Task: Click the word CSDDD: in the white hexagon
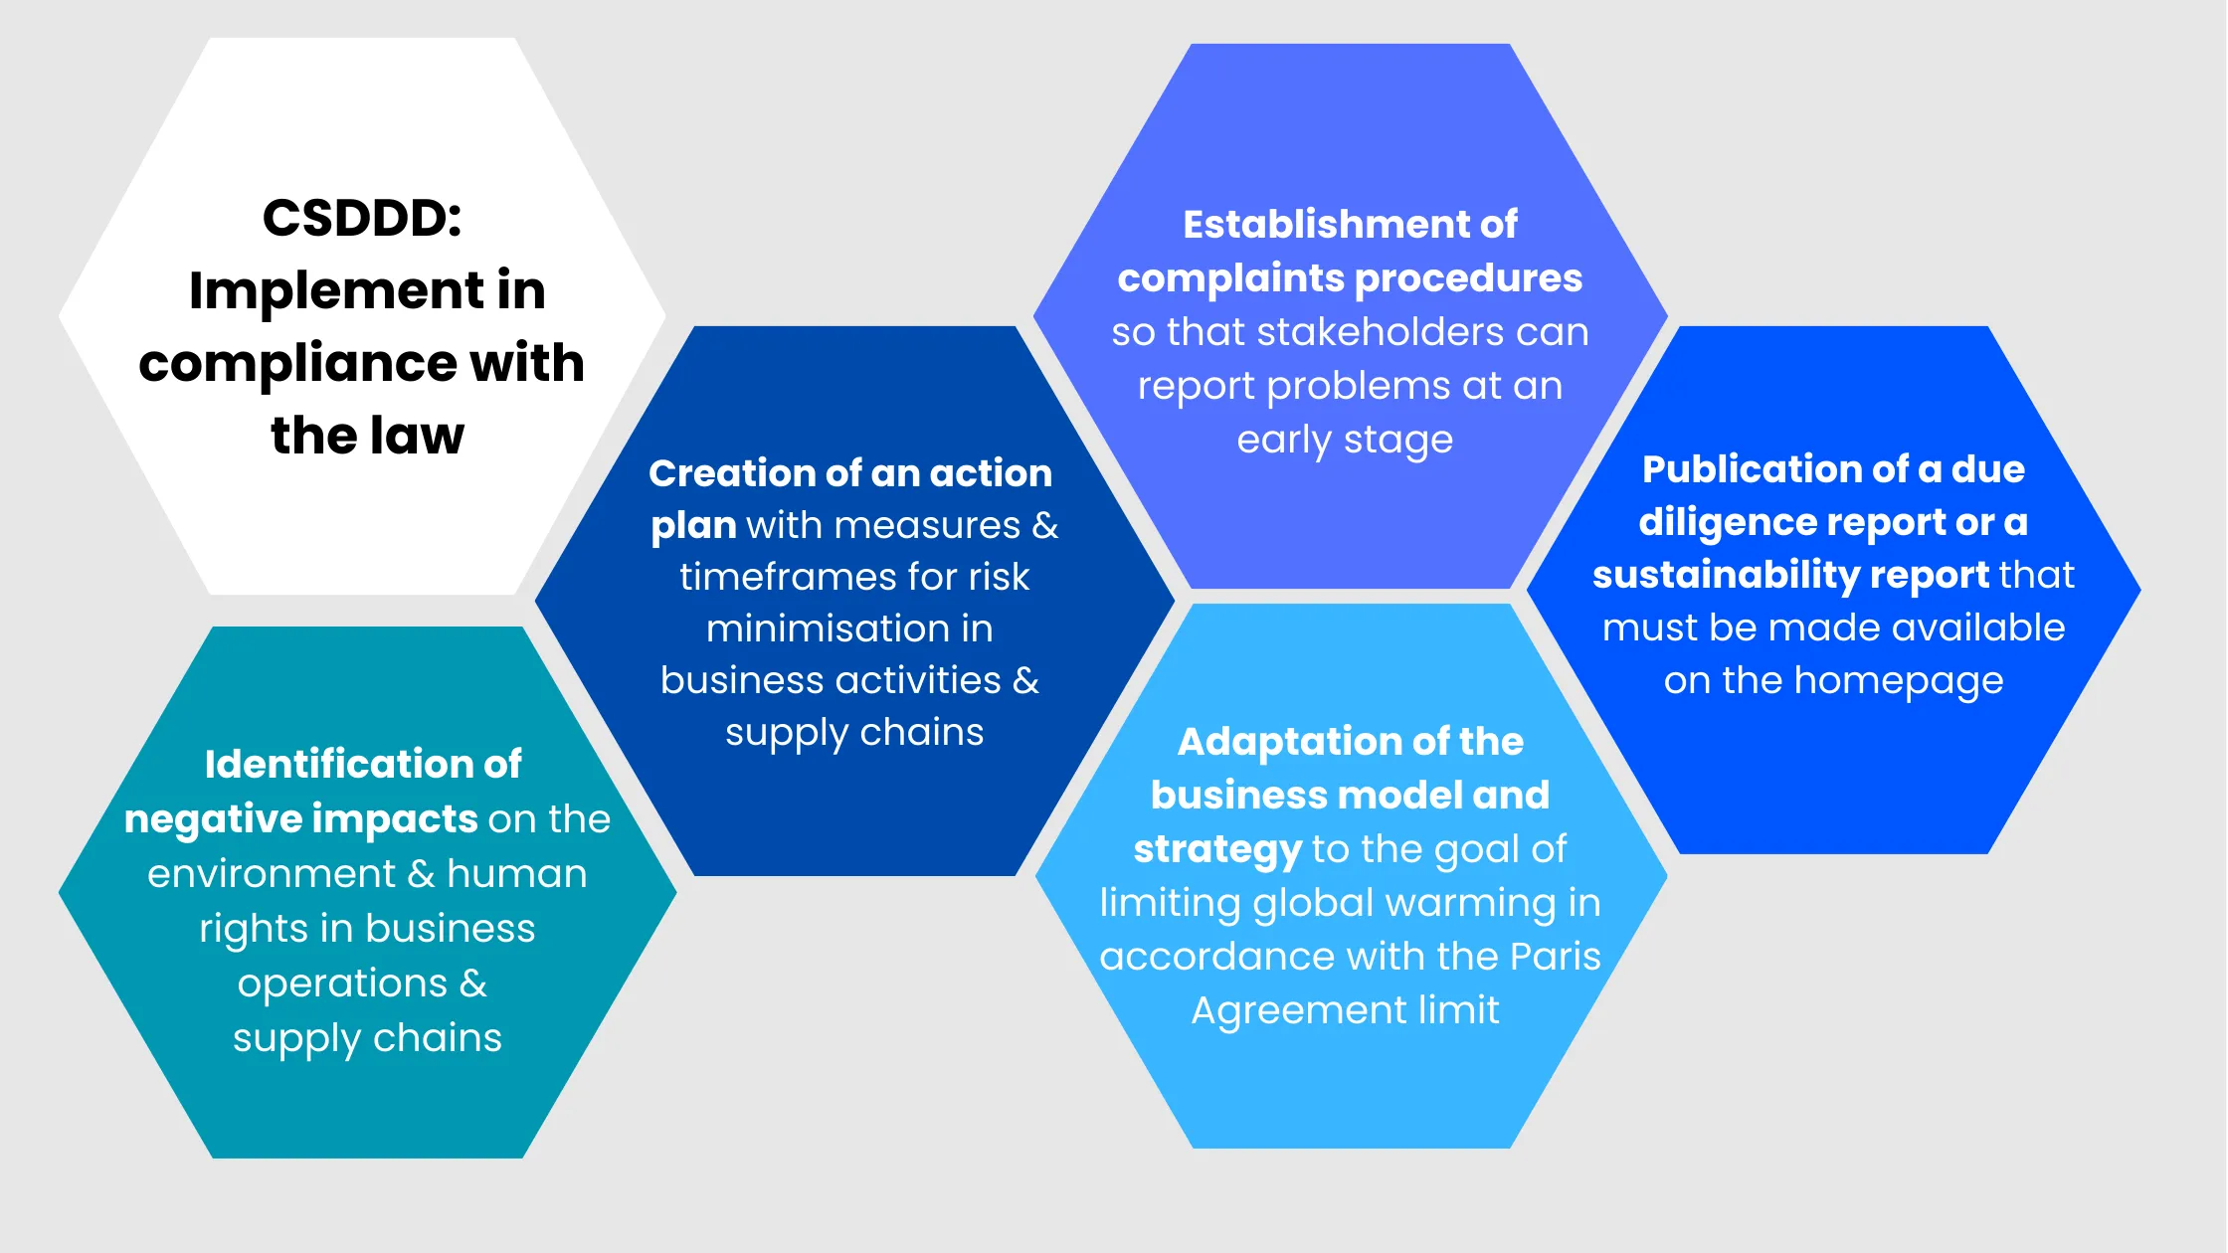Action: [x=362, y=218]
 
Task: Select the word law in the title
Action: [x=417, y=436]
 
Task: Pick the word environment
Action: [x=271, y=874]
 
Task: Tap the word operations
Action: [x=342, y=984]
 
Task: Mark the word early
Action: [x=1283, y=440]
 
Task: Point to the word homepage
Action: [x=1898, y=681]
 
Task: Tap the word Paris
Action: [x=1555, y=957]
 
